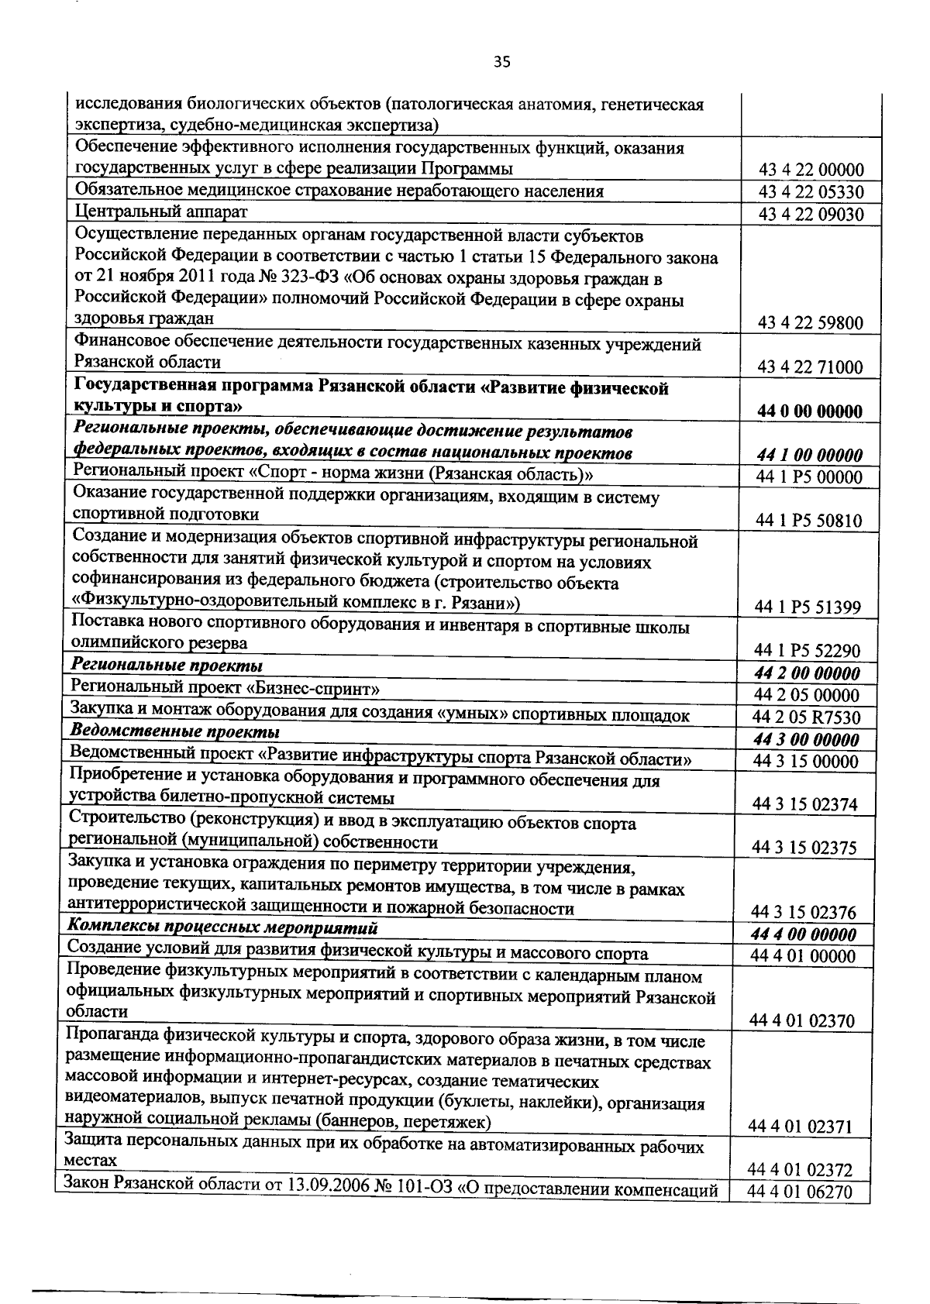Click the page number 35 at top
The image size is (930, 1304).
(x=501, y=63)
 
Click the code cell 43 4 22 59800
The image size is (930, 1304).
(x=811, y=323)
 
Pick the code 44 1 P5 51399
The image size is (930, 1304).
(x=808, y=607)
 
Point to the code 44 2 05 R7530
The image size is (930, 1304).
(x=807, y=717)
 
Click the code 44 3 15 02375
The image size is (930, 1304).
(x=805, y=848)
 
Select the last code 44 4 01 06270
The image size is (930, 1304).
(x=800, y=1213)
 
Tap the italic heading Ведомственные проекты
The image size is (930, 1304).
(x=175, y=731)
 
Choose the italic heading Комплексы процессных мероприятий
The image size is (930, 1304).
(x=222, y=927)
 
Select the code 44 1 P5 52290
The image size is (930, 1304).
(x=808, y=652)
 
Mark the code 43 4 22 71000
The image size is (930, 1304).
(x=811, y=367)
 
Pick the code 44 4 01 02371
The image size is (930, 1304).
(x=801, y=1126)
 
